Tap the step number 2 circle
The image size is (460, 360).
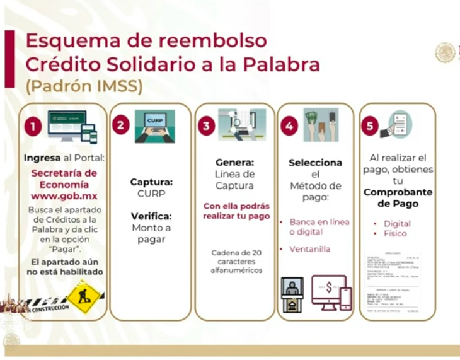coord(121,125)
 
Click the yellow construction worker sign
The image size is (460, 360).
coord(84,297)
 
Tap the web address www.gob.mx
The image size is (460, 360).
coord(64,195)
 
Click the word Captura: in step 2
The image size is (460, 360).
coord(151,182)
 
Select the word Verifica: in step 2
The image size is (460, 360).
coord(151,216)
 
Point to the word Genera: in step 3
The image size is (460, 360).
coord(235,161)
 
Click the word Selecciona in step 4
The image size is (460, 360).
coord(315,162)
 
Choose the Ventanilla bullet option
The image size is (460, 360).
coord(311,249)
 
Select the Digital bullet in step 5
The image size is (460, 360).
coord(397,223)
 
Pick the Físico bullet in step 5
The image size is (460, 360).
coord(395,234)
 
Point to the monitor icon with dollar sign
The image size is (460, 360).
coord(329,291)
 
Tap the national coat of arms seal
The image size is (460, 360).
coord(445,52)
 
